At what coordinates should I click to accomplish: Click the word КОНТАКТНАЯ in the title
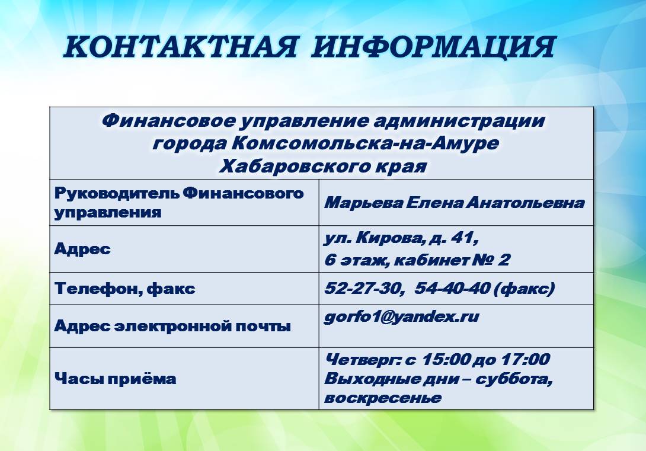click(180, 47)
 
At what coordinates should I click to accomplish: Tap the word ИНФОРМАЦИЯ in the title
click(433, 47)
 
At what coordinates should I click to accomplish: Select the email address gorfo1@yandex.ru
click(402, 316)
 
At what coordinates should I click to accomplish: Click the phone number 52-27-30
click(363, 288)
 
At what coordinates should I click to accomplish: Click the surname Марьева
click(363, 203)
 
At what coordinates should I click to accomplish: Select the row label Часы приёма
click(116, 379)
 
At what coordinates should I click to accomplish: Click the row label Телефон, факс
click(125, 288)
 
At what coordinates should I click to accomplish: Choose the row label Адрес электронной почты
click(172, 326)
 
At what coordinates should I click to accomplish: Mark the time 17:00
click(525, 359)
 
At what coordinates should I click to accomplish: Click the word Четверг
click(363, 360)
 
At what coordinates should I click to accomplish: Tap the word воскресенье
click(383, 398)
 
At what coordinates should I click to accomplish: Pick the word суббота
click(514, 379)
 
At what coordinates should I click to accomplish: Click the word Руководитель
click(117, 193)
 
